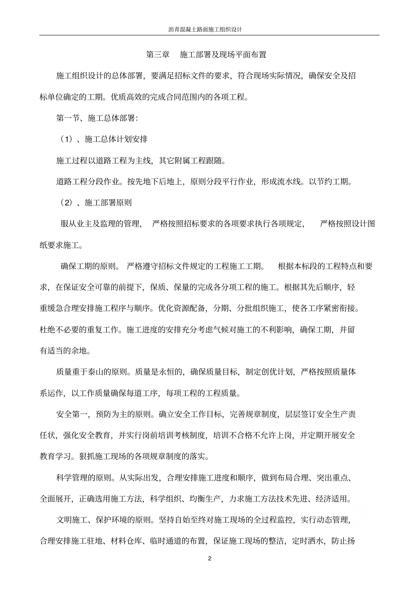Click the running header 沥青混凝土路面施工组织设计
[x=209, y=29]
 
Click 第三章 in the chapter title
[x=158, y=55]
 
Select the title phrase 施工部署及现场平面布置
[x=223, y=55]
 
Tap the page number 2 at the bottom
[x=209, y=559]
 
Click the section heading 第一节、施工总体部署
[x=97, y=118]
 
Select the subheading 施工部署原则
[x=108, y=203]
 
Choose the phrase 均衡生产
[x=205, y=499]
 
